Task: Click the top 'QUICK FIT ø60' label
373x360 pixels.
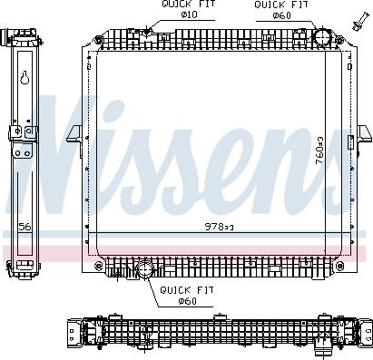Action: click(272, 9)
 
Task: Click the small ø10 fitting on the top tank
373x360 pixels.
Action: click(148, 34)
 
